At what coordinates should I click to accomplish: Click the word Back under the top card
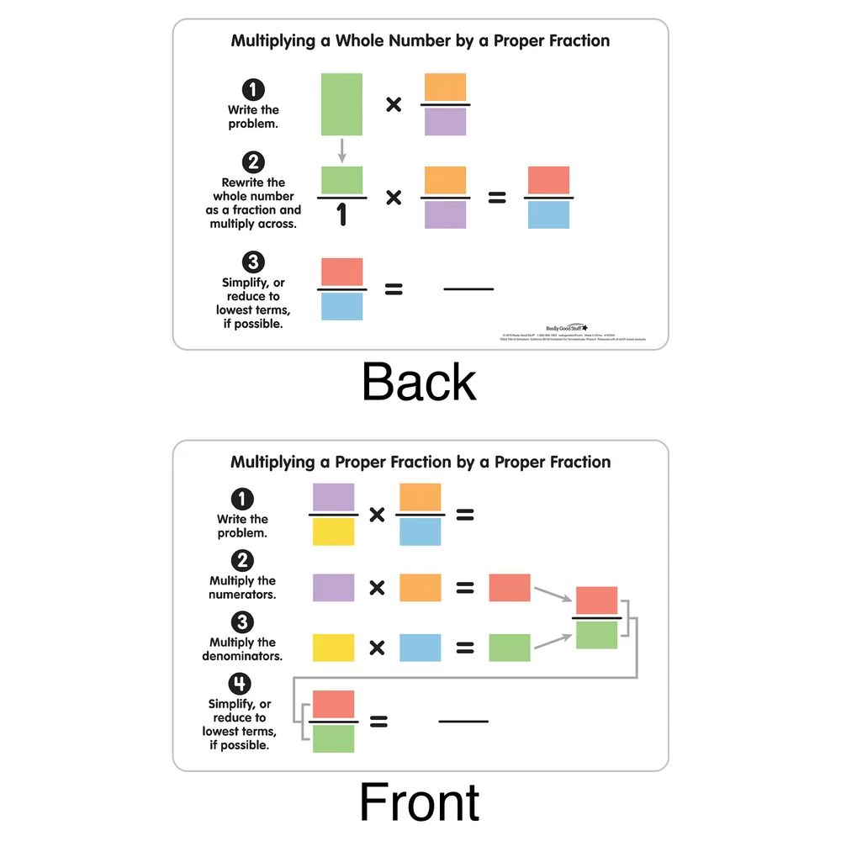(x=419, y=383)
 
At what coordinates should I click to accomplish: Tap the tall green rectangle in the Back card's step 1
(x=341, y=104)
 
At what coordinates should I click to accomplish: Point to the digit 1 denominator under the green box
(x=341, y=216)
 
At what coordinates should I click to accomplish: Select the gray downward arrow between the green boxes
(x=341, y=151)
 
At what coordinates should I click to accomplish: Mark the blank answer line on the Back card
(x=468, y=290)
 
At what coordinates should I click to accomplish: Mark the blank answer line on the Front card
(x=463, y=722)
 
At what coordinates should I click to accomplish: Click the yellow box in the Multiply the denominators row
(x=334, y=648)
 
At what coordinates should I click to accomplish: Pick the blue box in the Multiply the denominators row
(x=420, y=648)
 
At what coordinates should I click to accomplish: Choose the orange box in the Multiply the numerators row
(x=420, y=587)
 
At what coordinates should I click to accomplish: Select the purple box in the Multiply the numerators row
(x=334, y=587)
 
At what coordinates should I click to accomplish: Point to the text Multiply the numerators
(x=242, y=587)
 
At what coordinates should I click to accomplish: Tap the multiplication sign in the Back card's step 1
(x=393, y=105)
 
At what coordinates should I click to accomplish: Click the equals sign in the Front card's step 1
(x=464, y=515)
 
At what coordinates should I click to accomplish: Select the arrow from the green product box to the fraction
(x=553, y=641)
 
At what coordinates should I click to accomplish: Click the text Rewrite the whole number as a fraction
(x=253, y=203)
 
